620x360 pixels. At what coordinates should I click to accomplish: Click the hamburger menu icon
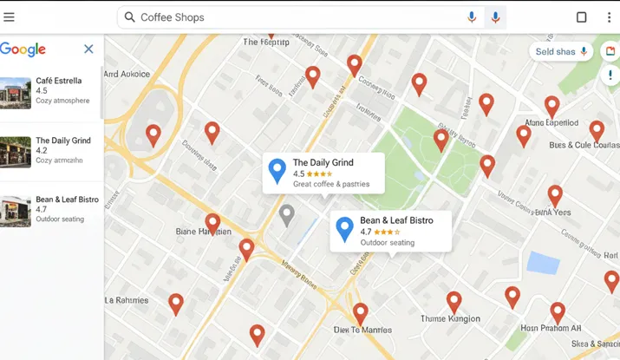pos(9,17)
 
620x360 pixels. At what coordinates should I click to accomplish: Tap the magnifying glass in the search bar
pos(129,17)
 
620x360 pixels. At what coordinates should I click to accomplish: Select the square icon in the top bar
pos(582,17)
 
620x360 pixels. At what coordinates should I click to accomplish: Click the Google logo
pos(23,49)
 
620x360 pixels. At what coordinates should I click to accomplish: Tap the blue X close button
pos(88,49)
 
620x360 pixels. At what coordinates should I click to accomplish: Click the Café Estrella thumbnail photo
pos(16,93)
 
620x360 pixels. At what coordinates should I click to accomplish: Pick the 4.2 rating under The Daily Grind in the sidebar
pos(42,150)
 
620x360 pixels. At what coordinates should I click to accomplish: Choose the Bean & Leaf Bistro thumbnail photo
pos(16,211)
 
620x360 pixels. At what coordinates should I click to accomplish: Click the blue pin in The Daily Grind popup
pos(277,171)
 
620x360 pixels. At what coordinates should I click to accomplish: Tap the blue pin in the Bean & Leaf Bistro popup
pos(344,229)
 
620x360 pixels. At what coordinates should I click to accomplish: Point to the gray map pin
pos(287,215)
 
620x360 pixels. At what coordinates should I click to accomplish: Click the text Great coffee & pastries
pos(331,184)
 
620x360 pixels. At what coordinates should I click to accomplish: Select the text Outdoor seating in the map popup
pos(388,243)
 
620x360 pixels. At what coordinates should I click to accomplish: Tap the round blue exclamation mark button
pos(611,75)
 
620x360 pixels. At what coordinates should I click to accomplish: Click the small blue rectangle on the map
pos(544,262)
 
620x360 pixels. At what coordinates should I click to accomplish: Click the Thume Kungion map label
pos(450,318)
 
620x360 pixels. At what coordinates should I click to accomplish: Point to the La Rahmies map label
pos(126,300)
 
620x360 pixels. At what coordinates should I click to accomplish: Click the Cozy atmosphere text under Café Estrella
pos(62,101)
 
